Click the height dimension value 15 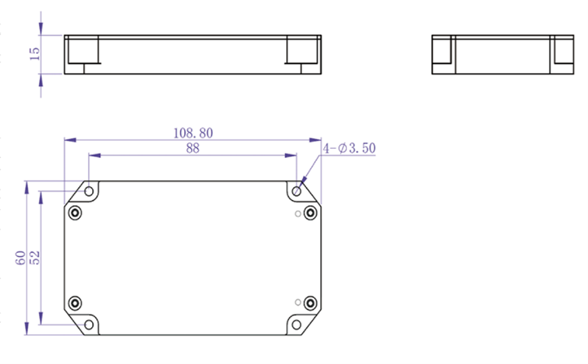pyautogui.click(x=34, y=54)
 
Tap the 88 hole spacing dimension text pyautogui.click(x=192, y=148)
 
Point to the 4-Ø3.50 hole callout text pyautogui.click(x=351, y=148)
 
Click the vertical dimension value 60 pyautogui.click(x=21, y=258)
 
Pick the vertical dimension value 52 pyautogui.click(x=34, y=258)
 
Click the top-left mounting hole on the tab pyautogui.click(x=89, y=191)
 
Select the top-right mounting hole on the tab pyautogui.click(x=297, y=191)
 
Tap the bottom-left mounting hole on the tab pyautogui.click(x=89, y=325)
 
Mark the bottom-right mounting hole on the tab pyautogui.click(x=297, y=325)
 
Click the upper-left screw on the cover pyautogui.click(x=75, y=213)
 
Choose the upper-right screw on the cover pyautogui.click(x=310, y=213)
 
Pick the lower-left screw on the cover pyautogui.click(x=75, y=304)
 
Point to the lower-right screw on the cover pyautogui.click(x=310, y=304)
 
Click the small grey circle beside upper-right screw pyautogui.click(x=297, y=214)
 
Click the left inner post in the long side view pyautogui.click(x=83, y=52)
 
